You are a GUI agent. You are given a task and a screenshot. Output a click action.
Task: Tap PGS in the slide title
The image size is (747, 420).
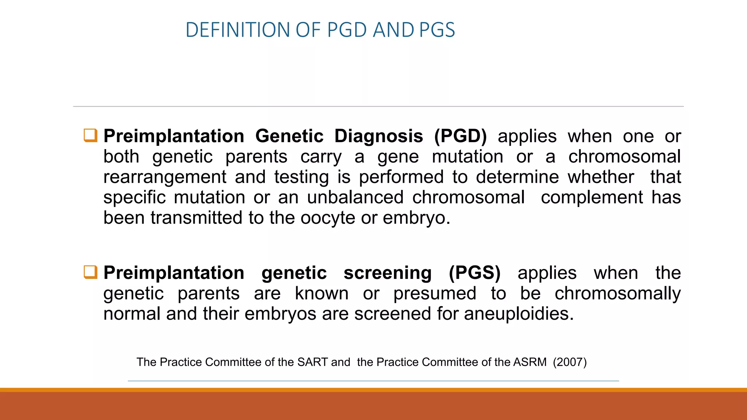point(437,30)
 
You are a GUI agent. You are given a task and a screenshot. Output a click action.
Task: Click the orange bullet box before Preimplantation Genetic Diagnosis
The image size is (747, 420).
point(90,135)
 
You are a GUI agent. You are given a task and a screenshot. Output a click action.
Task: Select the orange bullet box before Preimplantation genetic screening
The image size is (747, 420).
point(90,272)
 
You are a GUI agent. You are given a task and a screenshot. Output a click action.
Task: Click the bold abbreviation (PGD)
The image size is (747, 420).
point(460,136)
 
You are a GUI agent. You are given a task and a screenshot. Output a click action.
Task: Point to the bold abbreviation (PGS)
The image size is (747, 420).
point(475,273)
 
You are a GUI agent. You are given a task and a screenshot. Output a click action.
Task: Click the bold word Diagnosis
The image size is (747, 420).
point(379,136)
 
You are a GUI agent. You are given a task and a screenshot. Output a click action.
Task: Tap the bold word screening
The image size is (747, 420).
point(387,273)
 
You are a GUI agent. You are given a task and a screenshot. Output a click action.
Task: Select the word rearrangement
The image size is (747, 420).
point(165,178)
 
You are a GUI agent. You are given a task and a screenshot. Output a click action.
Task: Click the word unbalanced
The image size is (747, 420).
point(355,198)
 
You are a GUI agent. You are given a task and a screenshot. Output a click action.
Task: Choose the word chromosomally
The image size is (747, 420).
point(618,293)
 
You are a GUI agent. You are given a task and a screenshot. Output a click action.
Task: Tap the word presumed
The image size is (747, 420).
point(435,293)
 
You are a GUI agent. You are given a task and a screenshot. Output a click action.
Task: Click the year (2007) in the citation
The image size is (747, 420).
point(570,362)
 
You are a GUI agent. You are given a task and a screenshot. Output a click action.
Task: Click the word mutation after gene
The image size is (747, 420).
point(468,157)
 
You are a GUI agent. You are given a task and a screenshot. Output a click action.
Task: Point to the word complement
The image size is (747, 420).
point(592,198)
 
